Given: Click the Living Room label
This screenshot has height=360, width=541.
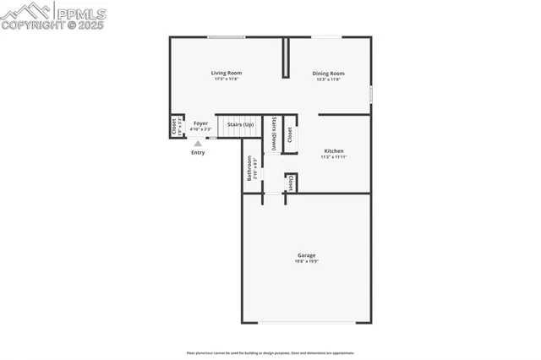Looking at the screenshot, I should (226, 73).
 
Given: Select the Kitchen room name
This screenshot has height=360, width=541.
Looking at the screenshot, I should (333, 150).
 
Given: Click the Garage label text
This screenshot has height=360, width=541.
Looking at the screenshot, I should (306, 255).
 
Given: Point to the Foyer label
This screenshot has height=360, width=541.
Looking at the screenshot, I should (200, 123).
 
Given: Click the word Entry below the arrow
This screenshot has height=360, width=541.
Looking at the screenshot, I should (198, 153).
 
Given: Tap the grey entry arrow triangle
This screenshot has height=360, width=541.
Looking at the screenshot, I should (198, 144).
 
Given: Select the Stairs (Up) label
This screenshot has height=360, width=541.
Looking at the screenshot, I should (240, 124).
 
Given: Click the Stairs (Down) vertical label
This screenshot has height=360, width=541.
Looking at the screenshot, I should (275, 134).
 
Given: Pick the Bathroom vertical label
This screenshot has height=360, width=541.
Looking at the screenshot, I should (249, 167).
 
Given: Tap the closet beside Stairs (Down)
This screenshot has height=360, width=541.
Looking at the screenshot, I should (289, 134).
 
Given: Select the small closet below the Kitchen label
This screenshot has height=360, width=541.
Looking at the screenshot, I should (291, 183).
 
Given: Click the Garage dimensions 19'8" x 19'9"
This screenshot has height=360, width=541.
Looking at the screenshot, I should (306, 262).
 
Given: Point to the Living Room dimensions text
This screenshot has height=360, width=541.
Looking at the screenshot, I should (226, 79).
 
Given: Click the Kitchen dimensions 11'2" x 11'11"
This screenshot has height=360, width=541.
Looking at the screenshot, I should (333, 157).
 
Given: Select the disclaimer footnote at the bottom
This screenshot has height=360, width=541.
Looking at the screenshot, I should (270, 353).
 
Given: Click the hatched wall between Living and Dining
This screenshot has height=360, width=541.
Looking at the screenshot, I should (286, 57).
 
